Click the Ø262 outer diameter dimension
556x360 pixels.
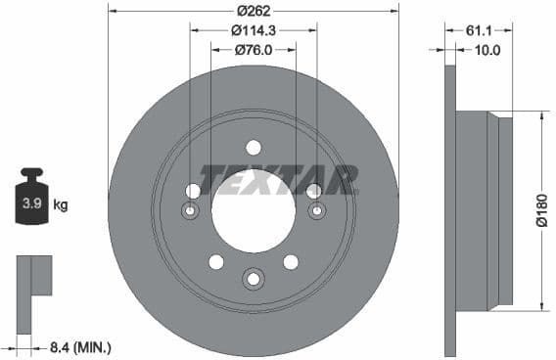254,11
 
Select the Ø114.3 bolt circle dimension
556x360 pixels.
254,30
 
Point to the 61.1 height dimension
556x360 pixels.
479,30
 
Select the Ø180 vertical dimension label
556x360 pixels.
541,210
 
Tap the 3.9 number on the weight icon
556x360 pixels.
31,204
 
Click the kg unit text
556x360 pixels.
61,205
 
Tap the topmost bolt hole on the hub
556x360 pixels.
254,148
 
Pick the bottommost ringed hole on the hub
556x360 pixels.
254,280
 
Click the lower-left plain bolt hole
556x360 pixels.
216,261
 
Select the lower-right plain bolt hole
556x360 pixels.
291,261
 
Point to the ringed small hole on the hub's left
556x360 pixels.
191,211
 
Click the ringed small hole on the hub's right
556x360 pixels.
316,211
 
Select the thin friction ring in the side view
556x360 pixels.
450,210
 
